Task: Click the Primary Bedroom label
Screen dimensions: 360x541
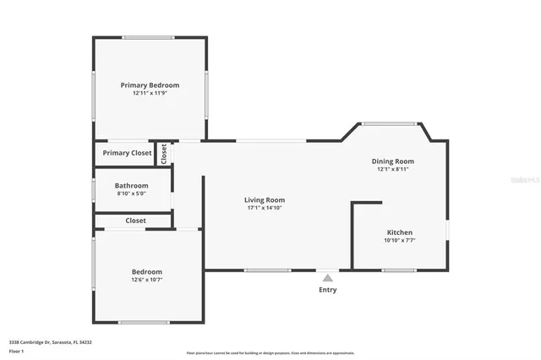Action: pos(150,85)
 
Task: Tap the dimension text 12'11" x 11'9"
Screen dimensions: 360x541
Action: pos(150,93)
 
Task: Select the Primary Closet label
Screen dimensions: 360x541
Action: pos(127,153)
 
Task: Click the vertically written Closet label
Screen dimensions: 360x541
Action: pos(164,153)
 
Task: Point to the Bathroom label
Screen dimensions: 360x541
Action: pos(132,186)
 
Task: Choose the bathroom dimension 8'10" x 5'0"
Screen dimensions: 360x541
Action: pos(132,194)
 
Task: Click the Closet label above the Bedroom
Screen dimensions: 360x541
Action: pos(135,221)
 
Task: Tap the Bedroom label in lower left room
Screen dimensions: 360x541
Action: pos(146,271)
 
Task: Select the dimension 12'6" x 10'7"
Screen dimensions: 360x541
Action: pos(146,280)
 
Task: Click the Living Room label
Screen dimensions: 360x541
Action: pos(265,200)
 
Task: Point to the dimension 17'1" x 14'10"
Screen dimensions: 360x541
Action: pos(265,208)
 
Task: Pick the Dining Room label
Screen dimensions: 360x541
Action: pos(393,161)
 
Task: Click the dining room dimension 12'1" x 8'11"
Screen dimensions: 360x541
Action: pos(393,169)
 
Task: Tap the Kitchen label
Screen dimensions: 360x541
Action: pos(400,232)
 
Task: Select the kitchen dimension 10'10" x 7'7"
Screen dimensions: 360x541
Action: pos(400,240)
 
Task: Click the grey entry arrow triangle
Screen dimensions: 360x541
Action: pos(327,277)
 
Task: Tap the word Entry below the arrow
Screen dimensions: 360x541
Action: pos(327,290)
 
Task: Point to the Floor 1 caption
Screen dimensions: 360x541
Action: pos(17,350)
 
